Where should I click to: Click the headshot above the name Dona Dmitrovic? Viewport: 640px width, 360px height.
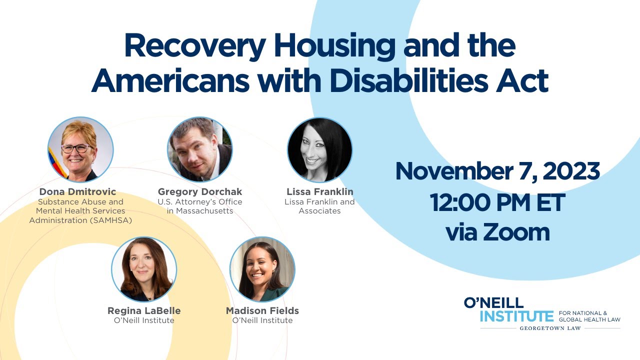[x=80, y=150]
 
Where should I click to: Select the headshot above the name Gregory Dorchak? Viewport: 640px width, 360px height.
[x=199, y=150]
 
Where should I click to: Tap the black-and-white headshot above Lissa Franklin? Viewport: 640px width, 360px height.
[x=319, y=150]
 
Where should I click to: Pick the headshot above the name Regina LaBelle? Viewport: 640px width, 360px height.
[x=144, y=269]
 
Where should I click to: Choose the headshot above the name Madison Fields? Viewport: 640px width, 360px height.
[x=262, y=269]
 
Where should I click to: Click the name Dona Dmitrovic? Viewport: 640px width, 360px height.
[x=77, y=192]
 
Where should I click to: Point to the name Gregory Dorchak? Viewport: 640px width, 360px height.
[x=199, y=192]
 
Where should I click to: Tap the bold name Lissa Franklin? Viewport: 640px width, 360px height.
[x=319, y=192]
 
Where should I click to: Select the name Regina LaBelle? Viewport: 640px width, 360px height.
[x=144, y=311]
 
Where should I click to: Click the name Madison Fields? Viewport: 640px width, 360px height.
[x=262, y=311]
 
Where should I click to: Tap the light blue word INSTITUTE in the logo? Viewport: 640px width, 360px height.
[x=516, y=316]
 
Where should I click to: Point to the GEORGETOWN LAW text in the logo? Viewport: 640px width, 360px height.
[x=550, y=328]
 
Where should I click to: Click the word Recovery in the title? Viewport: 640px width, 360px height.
[x=194, y=46]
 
